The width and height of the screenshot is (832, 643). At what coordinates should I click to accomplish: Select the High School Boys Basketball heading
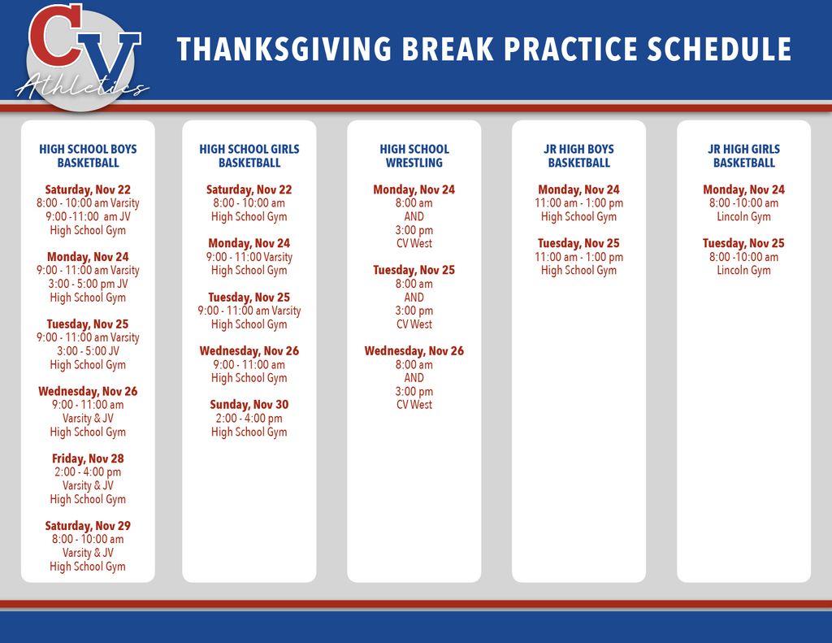coord(88,156)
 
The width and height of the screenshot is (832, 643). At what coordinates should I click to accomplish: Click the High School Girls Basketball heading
coord(249,156)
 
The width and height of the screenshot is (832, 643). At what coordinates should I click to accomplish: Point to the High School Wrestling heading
coord(414,156)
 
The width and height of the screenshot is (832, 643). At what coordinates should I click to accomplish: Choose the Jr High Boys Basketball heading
coord(578,156)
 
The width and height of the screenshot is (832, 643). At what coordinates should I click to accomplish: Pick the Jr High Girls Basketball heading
coord(743,156)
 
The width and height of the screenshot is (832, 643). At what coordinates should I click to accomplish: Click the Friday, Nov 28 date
coord(88,458)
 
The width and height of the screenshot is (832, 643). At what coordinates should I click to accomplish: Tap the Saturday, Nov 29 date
coord(88,526)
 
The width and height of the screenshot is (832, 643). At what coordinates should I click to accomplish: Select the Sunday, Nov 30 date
coord(249,405)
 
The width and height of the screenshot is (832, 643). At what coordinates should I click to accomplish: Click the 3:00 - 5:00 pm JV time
coord(88,284)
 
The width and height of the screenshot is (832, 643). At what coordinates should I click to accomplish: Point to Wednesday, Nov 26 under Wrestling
coord(414,351)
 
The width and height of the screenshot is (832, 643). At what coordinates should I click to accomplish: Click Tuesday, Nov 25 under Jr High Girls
coord(743,243)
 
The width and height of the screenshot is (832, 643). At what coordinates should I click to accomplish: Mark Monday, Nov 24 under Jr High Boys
coord(578,189)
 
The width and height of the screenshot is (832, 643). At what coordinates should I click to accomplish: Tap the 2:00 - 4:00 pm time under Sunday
coord(249,419)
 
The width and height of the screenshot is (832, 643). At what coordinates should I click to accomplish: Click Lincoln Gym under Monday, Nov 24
coord(743,216)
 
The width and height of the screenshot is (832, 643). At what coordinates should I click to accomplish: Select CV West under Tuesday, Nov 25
coord(414,324)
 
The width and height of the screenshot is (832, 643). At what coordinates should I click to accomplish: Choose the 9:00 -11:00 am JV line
coord(88,216)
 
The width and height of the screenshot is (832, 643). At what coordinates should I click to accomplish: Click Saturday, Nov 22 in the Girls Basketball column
coord(249,189)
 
